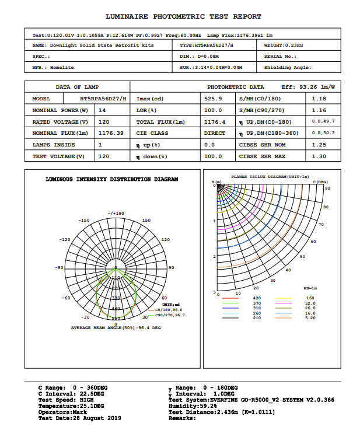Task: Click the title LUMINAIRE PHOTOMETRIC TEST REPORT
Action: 183,16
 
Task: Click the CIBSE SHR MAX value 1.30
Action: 319,156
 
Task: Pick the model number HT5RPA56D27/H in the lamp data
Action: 103,99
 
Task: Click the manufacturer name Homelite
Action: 62,68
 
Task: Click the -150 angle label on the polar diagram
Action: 85,221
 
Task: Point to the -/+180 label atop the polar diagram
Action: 116,214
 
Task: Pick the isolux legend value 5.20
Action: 310,318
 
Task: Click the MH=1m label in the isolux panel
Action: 310,289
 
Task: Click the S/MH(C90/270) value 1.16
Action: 319,110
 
